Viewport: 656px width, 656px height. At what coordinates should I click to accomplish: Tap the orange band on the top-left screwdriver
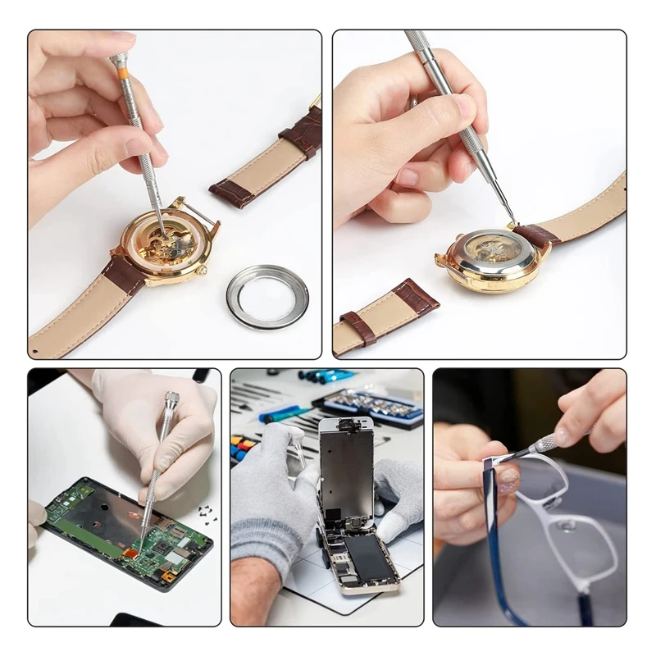pos(123,73)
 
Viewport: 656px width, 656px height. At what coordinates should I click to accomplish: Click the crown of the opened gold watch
pos(203,271)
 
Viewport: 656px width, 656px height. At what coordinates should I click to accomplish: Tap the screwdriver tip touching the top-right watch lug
pos(512,221)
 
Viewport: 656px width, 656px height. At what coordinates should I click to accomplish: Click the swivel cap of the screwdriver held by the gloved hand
pos(171,401)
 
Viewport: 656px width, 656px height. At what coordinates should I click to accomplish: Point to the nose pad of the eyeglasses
pos(567,524)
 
